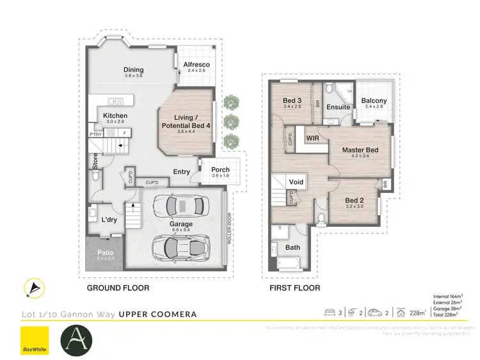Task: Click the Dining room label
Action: click(x=134, y=70)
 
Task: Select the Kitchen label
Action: click(x=115, y=116)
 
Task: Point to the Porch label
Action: click(x=220, y=170)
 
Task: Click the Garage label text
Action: click(x=180, y=224)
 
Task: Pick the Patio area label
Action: click(x=106, y=253)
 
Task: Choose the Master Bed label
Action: click(x=360, y=151)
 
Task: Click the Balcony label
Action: click(x=373, y=101)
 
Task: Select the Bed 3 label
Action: click(x=292, y=101)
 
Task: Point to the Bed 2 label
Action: click(x=354, y=199)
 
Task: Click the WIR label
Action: click(x=313, y=138)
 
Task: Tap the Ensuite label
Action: click(x=339, y=107)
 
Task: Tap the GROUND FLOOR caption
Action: click(x=118, y=288)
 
